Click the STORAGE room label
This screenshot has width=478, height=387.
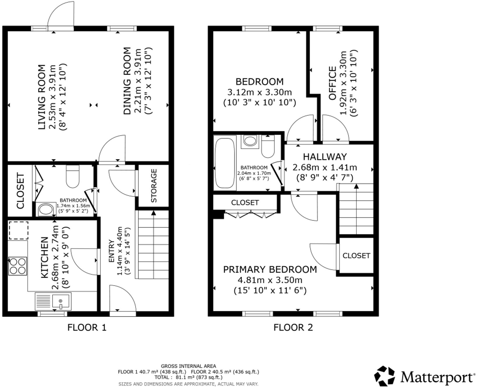pyautogui.click(x=154, y=186)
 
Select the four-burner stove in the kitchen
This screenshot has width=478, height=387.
pyautogui.click(x=17, y=266)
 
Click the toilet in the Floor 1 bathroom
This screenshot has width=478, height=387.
pyautogui.click(x=73, y=177)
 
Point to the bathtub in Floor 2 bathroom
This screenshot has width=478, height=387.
pyautogui.click(x=225, y=163)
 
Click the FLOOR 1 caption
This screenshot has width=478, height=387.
pyautogui.click(x=87, y=328)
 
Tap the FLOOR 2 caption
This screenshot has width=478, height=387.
pyautogui.click(x=293, y=328)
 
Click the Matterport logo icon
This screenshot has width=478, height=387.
pyautogui.click(x=384, y=376)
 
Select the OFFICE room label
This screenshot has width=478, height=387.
pyautogui.click(x=332, y=83)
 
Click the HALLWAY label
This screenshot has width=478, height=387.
pyautogui.click(x=325, y=157)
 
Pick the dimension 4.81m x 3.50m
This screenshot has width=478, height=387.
pyautogui.click(x=270, y=280)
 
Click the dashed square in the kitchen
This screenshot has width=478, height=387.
pyautogui.click(x=19, y=231)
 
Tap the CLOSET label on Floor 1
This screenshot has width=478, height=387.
pyautogui.click(x=20, y=191)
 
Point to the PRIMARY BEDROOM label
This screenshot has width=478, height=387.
pyautogui.click(x=270, y=269)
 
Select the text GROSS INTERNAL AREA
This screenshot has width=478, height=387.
pyautogui.click(x=188, y=366)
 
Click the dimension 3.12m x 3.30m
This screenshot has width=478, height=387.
pyautogui.click(x=259, y=92)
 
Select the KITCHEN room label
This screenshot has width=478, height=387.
pyautogui.click(x=44, y=257)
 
